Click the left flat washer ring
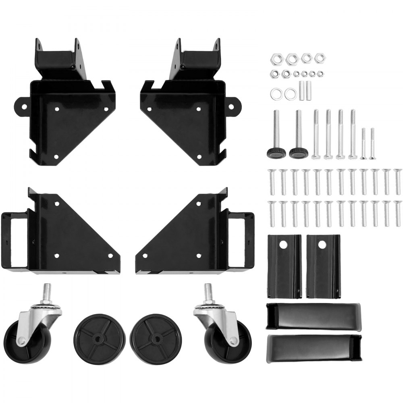277,94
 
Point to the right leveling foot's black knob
297,153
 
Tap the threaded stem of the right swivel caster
208,292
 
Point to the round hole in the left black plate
284,244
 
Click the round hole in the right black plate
322,244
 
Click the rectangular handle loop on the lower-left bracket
15,241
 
